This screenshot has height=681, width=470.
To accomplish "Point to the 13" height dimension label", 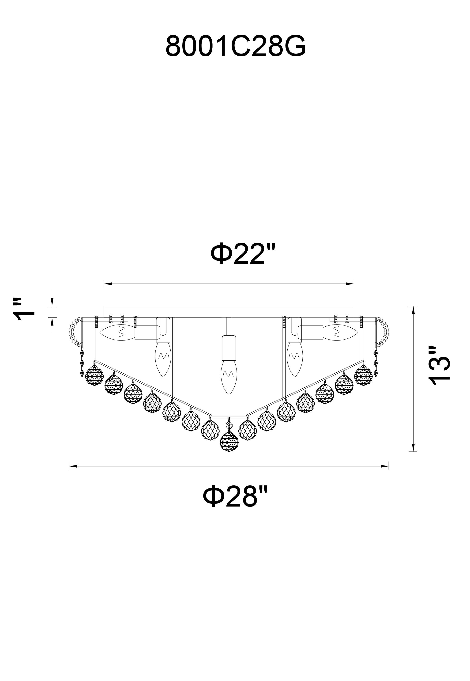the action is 439,365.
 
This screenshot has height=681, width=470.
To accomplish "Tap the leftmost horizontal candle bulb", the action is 117,333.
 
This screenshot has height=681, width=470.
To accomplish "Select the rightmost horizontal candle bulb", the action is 340,333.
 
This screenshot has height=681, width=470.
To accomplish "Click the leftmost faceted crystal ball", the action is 94,376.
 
